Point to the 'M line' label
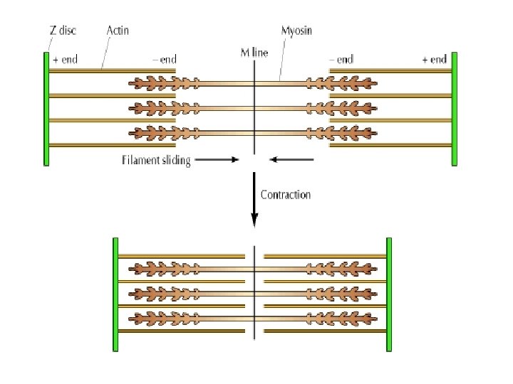(x=254, y=54)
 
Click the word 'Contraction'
(x=286, y=194)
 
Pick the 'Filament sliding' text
(x=156, y=160)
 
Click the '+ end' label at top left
(x=65, y=60)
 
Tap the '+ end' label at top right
(x=434, y=60)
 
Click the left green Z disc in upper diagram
(x=46, y=108)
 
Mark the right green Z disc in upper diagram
(x=453, y=108)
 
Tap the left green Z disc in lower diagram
(x=114, y=294)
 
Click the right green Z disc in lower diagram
(x=389, y=294)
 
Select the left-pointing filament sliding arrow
(x=292, y=160)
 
